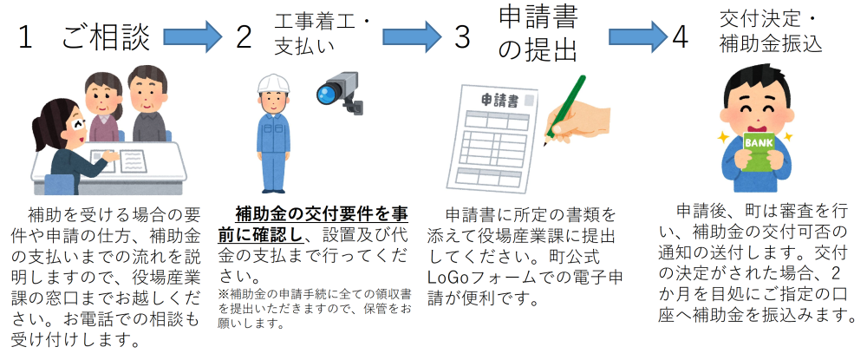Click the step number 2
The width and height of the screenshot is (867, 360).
coord(244,38)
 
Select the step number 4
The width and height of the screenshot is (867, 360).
coord(680,38)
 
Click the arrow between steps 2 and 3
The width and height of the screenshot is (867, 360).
coord(412,36)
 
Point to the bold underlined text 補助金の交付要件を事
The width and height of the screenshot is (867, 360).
coord(322,214)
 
